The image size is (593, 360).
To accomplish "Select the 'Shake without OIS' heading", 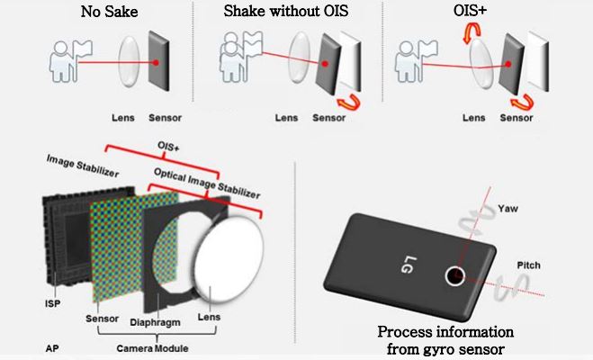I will tap(285, 13).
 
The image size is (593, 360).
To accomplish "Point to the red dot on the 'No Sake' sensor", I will tap(157, 64).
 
